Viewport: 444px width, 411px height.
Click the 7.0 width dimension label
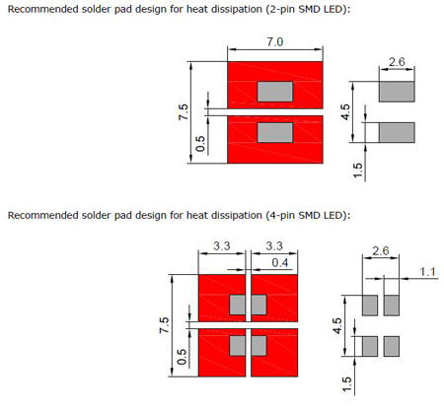click(x=274, y=42)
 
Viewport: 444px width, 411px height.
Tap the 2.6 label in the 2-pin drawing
click(x=397, y=62)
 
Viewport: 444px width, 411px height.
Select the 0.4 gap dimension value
click(x=280, y=263)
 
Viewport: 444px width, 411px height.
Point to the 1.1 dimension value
click(x=427, y=272)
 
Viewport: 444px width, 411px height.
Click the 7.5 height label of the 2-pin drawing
click(x=184, y=112)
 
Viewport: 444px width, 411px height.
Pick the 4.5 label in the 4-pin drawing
click(x=337, y=326)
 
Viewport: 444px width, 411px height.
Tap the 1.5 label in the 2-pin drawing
click(x=357, y=171)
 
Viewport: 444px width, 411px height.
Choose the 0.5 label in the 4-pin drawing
click(x=182, y=357)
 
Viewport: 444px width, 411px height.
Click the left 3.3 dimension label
click(x=222, y=245)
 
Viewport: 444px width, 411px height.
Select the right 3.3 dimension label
click(x=274, y=245)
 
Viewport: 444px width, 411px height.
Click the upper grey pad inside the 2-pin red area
click(x=275, y=92)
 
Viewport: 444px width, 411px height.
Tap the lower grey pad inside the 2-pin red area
click(x=275, y=133)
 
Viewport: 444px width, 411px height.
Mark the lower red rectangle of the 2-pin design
click(x=275, y=139)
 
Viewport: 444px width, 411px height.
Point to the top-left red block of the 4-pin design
click(x=222, y=298)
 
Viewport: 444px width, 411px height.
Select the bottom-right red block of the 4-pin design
click(x=274, y=353)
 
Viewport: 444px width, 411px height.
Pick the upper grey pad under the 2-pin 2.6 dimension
click(x=397, y=92)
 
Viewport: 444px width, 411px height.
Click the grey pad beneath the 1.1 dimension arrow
click(x=392, y=306)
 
